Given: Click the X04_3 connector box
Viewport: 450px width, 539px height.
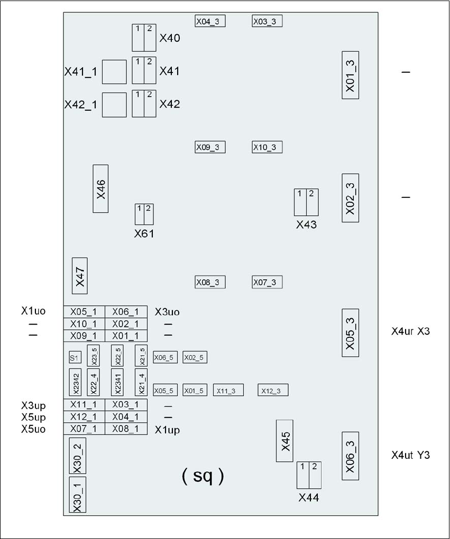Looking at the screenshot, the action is pyautogui.click(x=210, y=21).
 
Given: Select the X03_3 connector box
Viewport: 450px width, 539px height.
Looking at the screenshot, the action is pyautogui.click(x=267, y=21).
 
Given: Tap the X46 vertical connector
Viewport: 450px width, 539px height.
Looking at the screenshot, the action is pyautogui.click(x=100, y=188).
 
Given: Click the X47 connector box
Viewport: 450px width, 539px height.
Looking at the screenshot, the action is pyautogui.click(x=79, y=276).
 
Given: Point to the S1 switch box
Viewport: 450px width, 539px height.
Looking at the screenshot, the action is pyautogui.click(x=75, y=357).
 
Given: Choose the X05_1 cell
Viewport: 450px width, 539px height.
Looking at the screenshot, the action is pyautogui.click(x=84, y=312).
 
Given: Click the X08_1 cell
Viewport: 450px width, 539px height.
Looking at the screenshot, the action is pyautogui.click(x=126, y=429).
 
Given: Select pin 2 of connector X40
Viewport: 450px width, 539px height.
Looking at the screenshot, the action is pyautogui.click(x=150, y=38).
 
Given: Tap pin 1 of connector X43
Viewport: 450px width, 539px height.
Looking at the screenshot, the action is pyautogui.click(x=300, y=203).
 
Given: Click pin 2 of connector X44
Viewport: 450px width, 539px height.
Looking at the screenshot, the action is pyautogui.click(x=315, y=475).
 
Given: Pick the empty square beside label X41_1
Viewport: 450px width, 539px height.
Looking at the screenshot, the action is pyautogui.click(x=114, y=72).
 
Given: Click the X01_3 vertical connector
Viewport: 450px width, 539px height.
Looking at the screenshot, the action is pyautogui.click(x=351, y=75).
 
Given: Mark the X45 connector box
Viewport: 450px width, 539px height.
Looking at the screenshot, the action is pyautogui.click(x=284, y=441).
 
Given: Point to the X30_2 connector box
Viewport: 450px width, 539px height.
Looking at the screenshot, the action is pyautogui.click(x=77, y=456).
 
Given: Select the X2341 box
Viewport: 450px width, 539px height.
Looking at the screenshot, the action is pyautogui.click(x=117, y=382).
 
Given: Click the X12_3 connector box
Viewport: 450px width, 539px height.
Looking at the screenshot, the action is pyautogui.click(x=273, y=390).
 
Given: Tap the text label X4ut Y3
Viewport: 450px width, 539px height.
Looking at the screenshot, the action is pyautogui.click(x=410, y=455).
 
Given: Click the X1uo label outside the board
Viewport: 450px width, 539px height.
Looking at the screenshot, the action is pyautogui.click(x=33, y=311).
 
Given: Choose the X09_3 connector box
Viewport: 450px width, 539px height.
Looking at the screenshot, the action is pyautogui.click(x=210, y=147).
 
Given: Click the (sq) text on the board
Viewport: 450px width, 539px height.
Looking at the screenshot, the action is pyautogui.click(x=203, y=476).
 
